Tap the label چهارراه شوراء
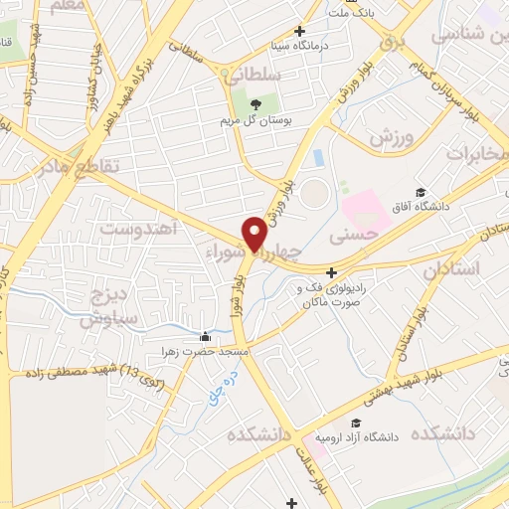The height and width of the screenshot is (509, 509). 254,253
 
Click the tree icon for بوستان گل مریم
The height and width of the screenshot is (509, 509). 255,103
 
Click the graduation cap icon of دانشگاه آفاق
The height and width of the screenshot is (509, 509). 420,192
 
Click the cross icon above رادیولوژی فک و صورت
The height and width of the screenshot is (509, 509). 331,272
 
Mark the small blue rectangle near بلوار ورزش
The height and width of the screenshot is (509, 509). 317,158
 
